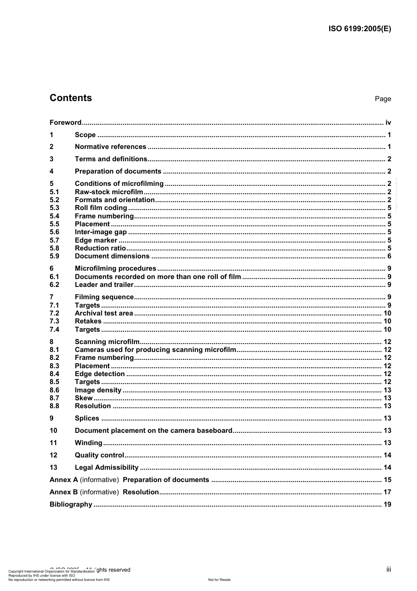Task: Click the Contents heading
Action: tap(71, 98)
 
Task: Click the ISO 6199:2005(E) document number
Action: tap(359, 29)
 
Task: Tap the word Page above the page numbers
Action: tap(383, 99)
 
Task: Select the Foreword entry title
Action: tap(65, 123)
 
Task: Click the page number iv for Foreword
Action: tap(388, 123)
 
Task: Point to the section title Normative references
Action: tap(110, 147)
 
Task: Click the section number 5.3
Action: tap(54, 208)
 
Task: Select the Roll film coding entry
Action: tap(101, 208)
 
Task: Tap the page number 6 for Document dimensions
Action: tap(389, 256)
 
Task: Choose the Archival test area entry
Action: tap(104, 313)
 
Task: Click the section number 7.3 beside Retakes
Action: tap(54, 321)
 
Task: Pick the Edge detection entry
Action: tap(100, 374)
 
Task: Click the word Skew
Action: tap(83, 398)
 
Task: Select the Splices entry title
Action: tap(87, 418)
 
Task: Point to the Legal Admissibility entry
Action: tap(107, 468)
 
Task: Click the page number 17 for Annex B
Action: tap(387, 492)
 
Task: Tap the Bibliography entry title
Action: tap(71, 504)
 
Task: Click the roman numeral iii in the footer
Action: tap(388, 569)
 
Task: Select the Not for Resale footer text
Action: tap(219, 580)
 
